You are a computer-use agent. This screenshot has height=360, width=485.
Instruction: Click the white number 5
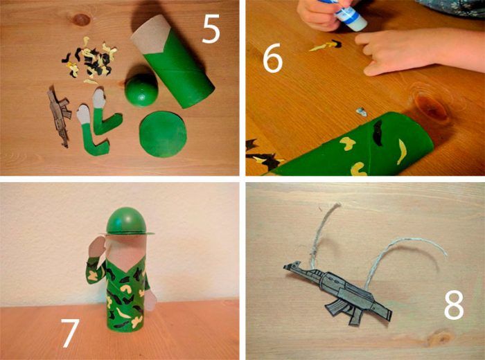(211, 28)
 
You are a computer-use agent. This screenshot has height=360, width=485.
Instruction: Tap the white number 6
(272, 57)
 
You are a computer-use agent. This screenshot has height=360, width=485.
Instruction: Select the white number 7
(71, 333)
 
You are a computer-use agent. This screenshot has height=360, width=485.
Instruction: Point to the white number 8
(454, 305)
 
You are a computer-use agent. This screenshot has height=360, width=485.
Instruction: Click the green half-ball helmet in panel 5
(141, 89)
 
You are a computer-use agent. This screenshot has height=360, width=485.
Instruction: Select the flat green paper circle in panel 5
(163, 134)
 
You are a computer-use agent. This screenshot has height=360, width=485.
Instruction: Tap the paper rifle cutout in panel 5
(59, 116)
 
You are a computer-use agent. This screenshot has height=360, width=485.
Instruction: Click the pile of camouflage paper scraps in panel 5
(89, 61)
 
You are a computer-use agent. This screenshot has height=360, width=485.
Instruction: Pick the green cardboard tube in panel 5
(173, 66)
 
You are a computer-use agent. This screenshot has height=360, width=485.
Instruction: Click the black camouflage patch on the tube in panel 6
(378, 132)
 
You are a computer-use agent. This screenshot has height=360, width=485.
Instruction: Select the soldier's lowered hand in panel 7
(150, 300)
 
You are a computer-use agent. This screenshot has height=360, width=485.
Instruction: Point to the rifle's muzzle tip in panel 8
(285, 267)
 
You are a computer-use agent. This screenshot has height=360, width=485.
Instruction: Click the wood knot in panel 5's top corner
(81, 19)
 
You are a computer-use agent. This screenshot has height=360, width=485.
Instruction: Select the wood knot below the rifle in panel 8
(440, 338)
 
